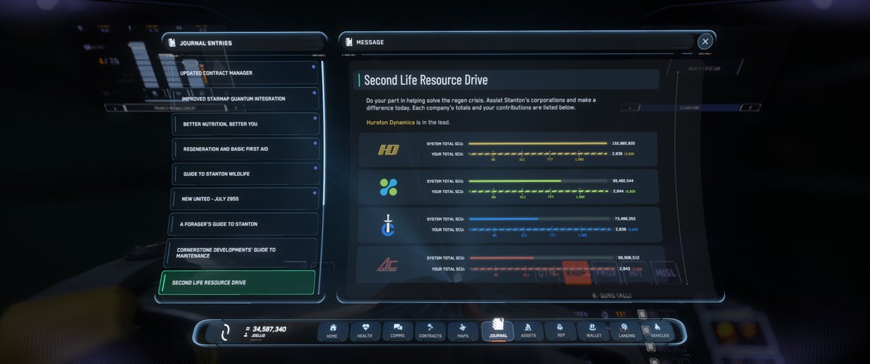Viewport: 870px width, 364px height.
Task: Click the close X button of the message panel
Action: (705, 42)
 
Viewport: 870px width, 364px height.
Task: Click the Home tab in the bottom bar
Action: (333, 331)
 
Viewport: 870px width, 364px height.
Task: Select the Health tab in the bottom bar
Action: (365, 331)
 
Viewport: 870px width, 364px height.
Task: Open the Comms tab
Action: (397, 331)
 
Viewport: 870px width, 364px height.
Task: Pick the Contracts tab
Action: (430, 331)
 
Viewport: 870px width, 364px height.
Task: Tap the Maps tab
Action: (463, 331)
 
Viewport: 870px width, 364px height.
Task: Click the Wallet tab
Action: (594, 331)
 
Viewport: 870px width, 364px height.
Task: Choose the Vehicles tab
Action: (659, 331)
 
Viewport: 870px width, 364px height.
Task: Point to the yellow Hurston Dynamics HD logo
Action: (389, 150)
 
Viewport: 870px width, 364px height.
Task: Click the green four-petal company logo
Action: (389, 187)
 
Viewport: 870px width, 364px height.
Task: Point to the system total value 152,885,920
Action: (623, 144)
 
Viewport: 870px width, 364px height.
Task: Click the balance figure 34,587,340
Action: (269, 329)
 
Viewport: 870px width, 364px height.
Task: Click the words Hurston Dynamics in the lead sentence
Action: (391, 123)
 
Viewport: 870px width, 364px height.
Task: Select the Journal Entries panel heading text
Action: (206, 43)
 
